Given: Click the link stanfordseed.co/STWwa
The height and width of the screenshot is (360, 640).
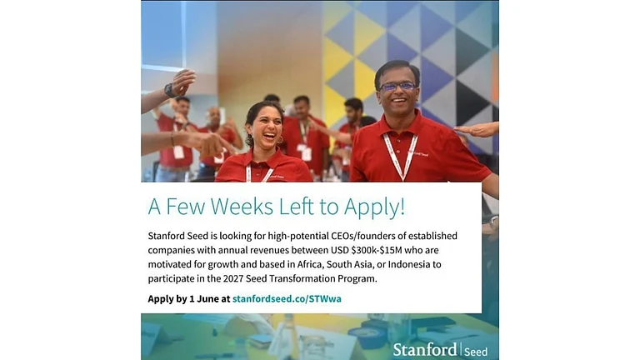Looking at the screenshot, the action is coord(287,299).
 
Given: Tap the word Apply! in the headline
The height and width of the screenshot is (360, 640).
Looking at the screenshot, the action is coord(374,207).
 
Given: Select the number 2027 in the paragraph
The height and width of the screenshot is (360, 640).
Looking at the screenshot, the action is coord(233,279).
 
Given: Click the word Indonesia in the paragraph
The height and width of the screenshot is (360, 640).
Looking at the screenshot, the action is coord(409,264).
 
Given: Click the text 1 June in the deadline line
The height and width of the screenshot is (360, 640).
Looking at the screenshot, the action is coord(204,299).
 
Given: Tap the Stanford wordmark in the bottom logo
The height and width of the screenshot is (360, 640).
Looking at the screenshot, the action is coord(425,350).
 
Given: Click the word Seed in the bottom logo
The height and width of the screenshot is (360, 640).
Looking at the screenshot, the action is coord(476,352).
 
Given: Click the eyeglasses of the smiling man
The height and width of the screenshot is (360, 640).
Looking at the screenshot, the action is coord(397,87).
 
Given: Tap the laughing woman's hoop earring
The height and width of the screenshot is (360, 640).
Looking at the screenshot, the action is coord(281,140).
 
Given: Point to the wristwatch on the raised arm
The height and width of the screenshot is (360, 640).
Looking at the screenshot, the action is coord(169,90).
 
